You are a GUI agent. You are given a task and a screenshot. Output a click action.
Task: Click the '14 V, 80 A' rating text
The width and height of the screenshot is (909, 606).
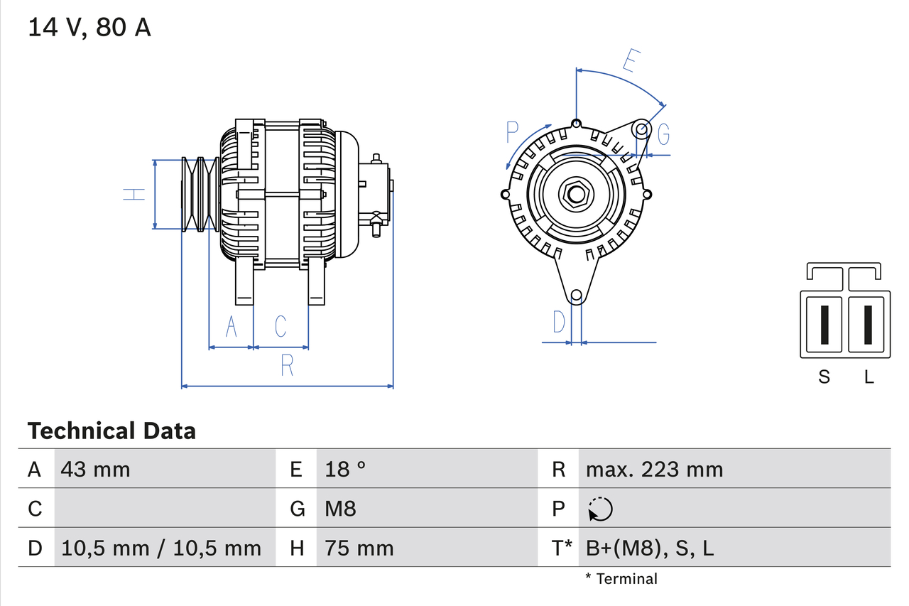click(x=89, y=28)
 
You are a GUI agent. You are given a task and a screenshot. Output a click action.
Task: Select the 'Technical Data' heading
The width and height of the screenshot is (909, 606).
click(x=111, y=431)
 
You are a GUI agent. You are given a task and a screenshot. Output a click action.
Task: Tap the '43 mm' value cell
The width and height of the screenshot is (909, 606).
click(x=96, y=469)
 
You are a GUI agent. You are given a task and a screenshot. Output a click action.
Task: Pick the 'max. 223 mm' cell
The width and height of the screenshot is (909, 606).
click(x=654, y=469)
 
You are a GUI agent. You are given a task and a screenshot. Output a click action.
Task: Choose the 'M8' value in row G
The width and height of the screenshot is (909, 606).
click(x=340, y=509)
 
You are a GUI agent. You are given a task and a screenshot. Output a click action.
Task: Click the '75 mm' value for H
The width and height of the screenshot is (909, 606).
click(x=359, y=548)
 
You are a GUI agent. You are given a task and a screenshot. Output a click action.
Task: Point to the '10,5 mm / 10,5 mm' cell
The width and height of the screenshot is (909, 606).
click(x=161, y=548)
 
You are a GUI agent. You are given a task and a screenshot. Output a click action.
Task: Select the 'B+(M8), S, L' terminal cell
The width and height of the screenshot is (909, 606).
click(x=649, y=548)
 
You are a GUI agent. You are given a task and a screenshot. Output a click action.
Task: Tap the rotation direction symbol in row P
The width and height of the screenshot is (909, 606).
click(x=600, y=509)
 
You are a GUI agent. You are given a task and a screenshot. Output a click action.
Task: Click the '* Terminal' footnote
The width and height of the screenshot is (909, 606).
click(x=621, y=578)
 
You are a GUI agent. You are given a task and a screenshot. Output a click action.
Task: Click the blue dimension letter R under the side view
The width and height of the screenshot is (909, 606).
click(x=287, y=365)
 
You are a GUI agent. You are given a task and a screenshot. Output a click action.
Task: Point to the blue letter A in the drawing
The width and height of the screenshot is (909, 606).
click(x=231, y=327)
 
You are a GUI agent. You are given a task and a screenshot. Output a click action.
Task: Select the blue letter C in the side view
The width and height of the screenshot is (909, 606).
click(x=281, y=326)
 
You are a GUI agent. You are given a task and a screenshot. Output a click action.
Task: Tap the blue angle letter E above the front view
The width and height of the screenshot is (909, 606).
click(x=628, y=61)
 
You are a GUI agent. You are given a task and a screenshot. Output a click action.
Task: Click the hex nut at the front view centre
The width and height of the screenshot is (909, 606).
click(x=576, y=193)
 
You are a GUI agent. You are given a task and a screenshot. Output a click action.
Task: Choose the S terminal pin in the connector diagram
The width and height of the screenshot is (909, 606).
click(x=823, y=325)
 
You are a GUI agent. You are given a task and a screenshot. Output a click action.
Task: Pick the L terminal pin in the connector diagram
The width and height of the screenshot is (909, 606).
click(x=868, y=325)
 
